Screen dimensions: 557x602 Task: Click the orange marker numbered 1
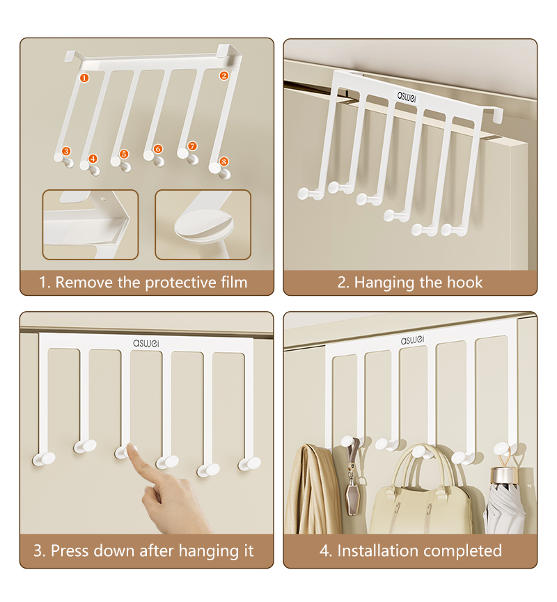[x=84, y=78]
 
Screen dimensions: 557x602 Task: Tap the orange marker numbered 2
[x=224, y=76]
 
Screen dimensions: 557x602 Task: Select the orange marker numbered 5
[x=124, y=154]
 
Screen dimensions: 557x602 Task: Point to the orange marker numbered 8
[x=224, y=161]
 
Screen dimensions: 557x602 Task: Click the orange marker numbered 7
[x=192, y=146]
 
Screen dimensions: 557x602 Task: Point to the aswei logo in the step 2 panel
[x=406, y=96]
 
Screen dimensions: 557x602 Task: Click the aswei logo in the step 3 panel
[x=146, y=343]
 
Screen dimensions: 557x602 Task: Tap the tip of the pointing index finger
[x=132, y=447]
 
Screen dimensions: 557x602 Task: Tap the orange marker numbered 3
[x=66, y=151]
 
